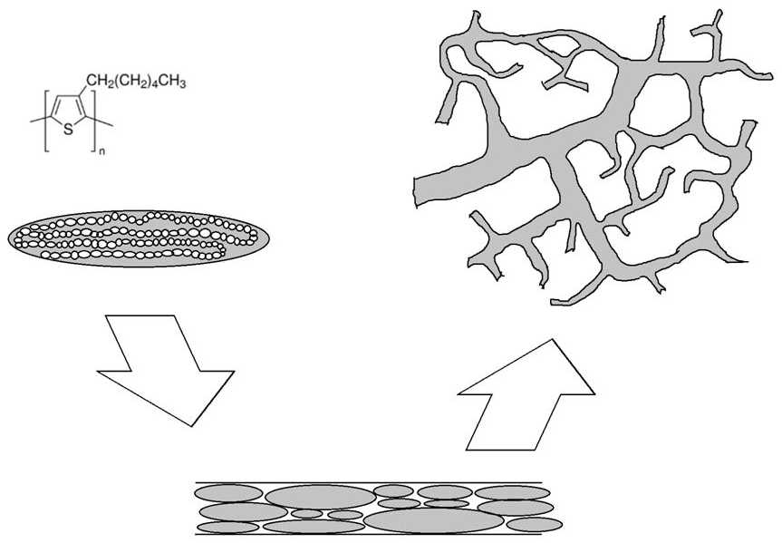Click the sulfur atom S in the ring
pyautogui.click(x=68, y=131)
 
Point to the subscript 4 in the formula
pyautogui.click(x=155, y=85)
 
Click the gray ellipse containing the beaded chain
pyautogui.click(x=139, y=238)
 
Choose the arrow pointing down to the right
pyautogui.click(x=166, y=372)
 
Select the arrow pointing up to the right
pyautogui.click(x=526, y=395)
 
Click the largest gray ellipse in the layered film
pyautogui.click(x=433, y=520)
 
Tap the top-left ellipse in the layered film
pyautogui.click(x=228, y=493)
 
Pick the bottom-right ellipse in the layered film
pyautogui.click(x=534, y=525)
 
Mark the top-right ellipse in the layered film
pyautogui.click(x=512, y=493)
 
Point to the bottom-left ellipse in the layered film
pyautogui.click(x=228, y=528)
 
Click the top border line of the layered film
pyautogui.click(x=369, y=482)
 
